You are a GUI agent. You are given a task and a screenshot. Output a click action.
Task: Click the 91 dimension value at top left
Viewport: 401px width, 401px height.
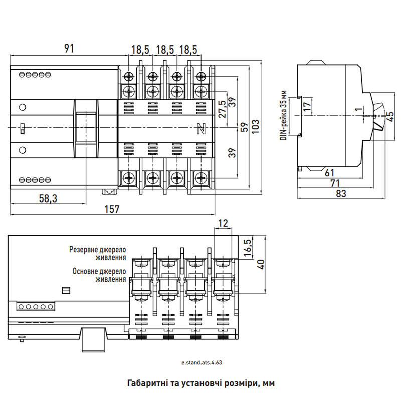pos(69,48)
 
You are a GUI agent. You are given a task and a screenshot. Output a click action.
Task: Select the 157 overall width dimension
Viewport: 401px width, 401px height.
pos(112,209)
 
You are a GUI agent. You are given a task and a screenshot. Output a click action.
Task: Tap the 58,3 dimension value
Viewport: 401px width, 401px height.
pos(48,198)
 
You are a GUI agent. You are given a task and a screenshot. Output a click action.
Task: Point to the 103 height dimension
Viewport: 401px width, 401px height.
pos(255,126)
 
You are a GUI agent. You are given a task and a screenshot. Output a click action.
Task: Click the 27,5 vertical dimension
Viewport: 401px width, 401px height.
pos(223,109)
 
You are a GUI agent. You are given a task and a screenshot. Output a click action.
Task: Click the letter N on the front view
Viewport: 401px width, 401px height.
pos(202,129)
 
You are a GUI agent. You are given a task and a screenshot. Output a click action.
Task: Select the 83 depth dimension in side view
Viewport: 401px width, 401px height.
pos(341,194)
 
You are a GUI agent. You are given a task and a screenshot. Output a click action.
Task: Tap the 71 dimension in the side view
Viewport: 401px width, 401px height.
pos(335,183)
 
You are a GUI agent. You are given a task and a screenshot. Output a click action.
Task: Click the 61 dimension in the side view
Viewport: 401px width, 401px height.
pos(329,173)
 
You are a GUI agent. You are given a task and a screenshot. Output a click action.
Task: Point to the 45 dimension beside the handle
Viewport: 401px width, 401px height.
pos(391,117)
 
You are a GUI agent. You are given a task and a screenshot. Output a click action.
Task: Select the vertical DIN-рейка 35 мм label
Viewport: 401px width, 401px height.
pos(283,116)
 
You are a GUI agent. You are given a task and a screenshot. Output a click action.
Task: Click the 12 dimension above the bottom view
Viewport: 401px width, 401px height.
pos(223,223)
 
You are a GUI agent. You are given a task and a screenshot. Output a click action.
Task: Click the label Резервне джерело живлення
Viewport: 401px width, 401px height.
pos(98,253)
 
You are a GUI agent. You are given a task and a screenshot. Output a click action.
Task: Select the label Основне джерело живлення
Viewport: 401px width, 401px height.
pos(99,275)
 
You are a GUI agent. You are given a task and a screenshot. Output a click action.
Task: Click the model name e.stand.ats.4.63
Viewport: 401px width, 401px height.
pos(202,362)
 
